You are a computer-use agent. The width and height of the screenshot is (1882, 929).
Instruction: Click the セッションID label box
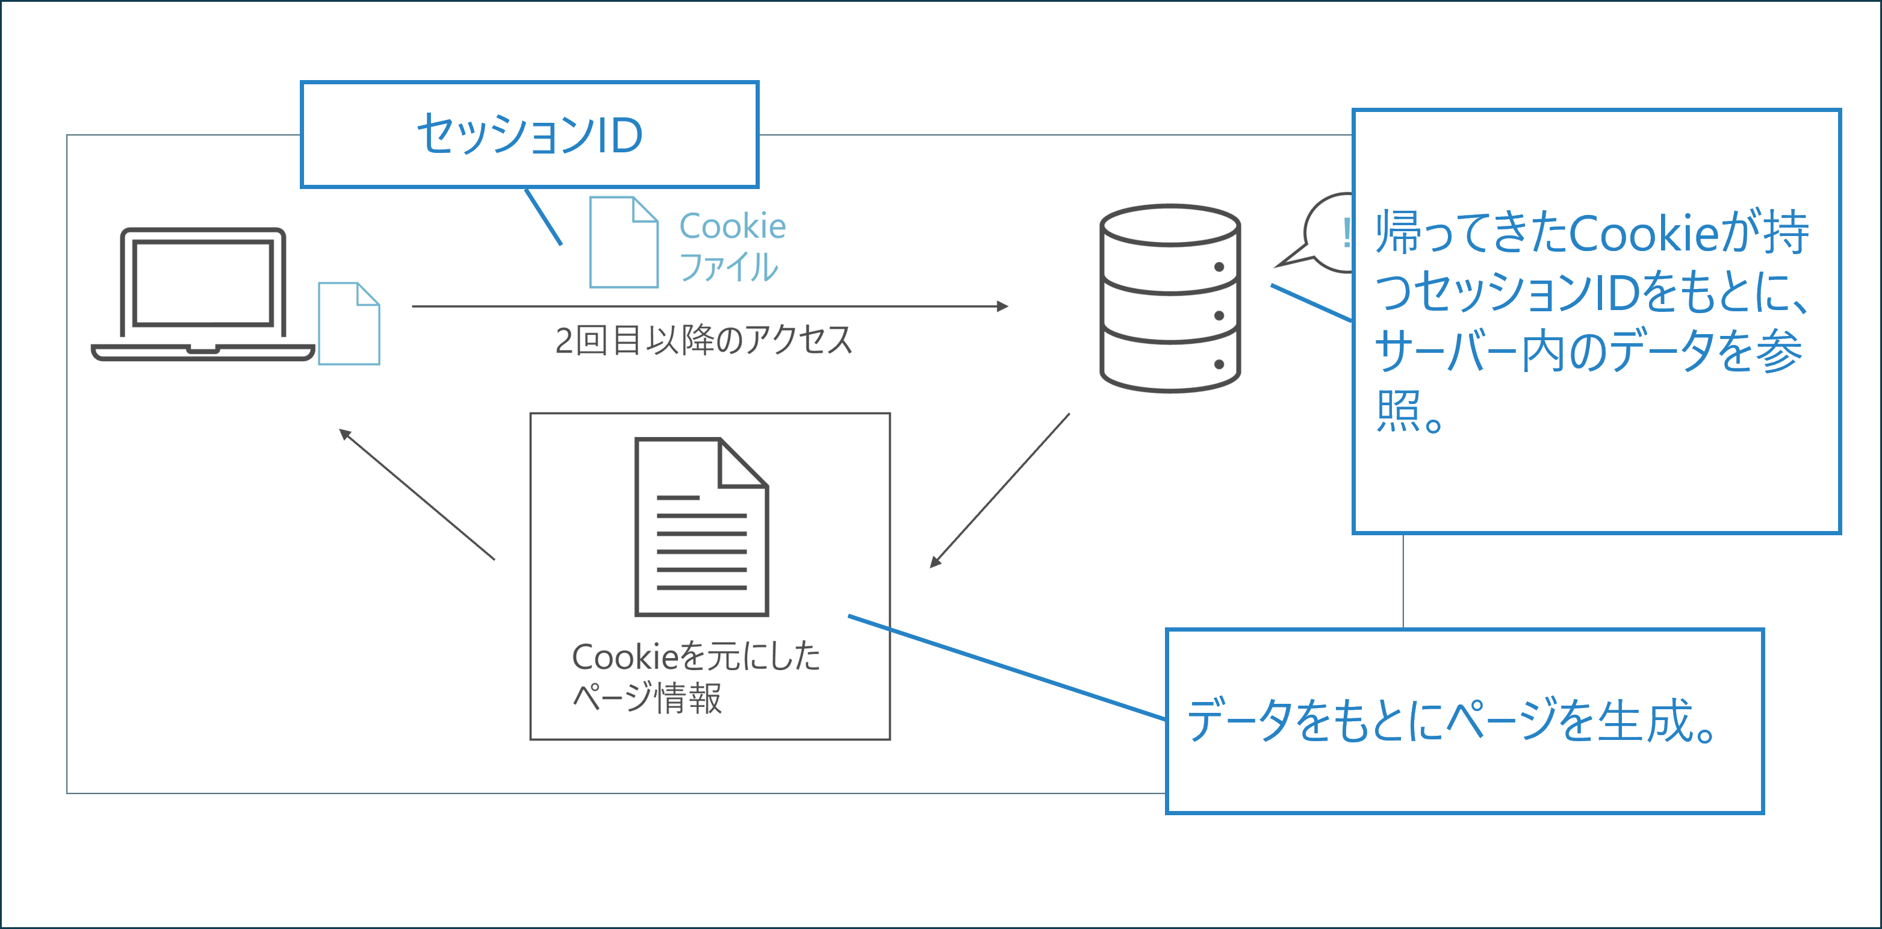[530, 134]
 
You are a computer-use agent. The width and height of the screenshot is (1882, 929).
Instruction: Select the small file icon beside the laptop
[349, 323]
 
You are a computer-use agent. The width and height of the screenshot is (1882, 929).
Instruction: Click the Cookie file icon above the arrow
[623, 243]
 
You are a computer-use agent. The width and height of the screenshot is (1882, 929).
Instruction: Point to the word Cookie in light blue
[732, 226]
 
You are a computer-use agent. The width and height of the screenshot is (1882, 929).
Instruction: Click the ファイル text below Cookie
[728, 267]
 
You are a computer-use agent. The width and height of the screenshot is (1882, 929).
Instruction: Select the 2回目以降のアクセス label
[704, 340]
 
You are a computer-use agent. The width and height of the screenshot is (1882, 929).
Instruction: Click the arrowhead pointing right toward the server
[1002, 306]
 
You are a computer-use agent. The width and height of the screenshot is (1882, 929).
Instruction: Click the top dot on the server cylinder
[1219, 267]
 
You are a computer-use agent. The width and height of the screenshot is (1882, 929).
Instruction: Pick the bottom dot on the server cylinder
[1219, 364]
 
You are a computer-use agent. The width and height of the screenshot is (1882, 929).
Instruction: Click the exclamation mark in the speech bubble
[1345, 234]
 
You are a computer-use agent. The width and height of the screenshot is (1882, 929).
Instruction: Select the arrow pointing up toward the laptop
[417, 494]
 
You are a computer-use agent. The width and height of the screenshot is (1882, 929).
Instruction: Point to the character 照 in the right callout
[1397, 411]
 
